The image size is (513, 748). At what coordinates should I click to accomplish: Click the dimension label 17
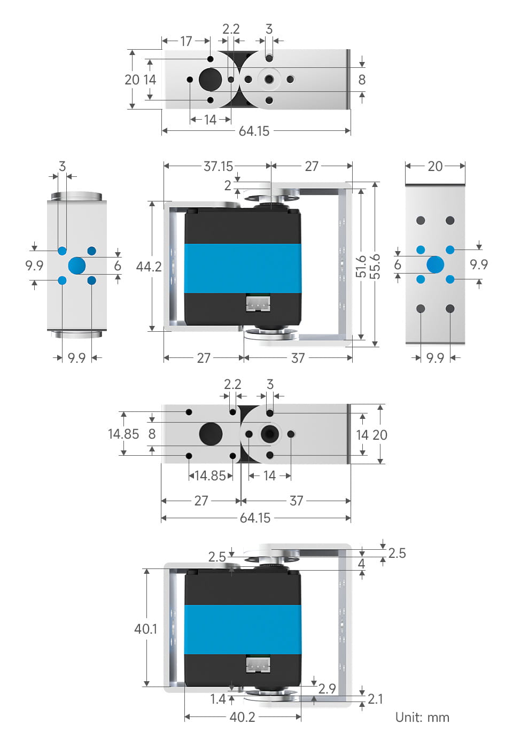point(186,41)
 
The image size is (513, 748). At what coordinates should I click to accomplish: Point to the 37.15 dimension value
point(218,166)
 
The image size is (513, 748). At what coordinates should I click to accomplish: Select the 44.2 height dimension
point(149,266)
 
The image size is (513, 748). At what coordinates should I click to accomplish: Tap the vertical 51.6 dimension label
point(361,266)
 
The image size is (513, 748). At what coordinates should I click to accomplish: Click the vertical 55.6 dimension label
point(375,266)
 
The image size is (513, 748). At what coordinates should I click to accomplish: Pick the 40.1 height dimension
point(145,628)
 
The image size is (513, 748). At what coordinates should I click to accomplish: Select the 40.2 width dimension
point(242,717)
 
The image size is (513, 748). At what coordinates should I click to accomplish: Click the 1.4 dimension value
point(218,699)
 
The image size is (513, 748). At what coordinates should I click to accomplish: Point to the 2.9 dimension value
point(327,689)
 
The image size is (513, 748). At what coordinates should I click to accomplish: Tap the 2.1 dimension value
point(375,699)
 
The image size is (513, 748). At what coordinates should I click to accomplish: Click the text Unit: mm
point(422,717)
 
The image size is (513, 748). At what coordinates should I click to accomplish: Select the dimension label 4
point(361,564)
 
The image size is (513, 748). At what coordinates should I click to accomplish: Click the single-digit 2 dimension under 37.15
point(228,185)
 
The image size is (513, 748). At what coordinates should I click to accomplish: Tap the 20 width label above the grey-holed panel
point(435,166)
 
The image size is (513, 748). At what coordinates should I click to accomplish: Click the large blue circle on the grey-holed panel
point(435,264)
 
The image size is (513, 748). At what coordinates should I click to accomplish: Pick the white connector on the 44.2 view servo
point(258,303)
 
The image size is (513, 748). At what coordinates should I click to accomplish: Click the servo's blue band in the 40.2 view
point(242,629)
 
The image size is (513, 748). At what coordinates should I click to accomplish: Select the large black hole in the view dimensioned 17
point(210,80)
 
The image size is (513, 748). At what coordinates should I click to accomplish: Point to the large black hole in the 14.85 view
point(211,433)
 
